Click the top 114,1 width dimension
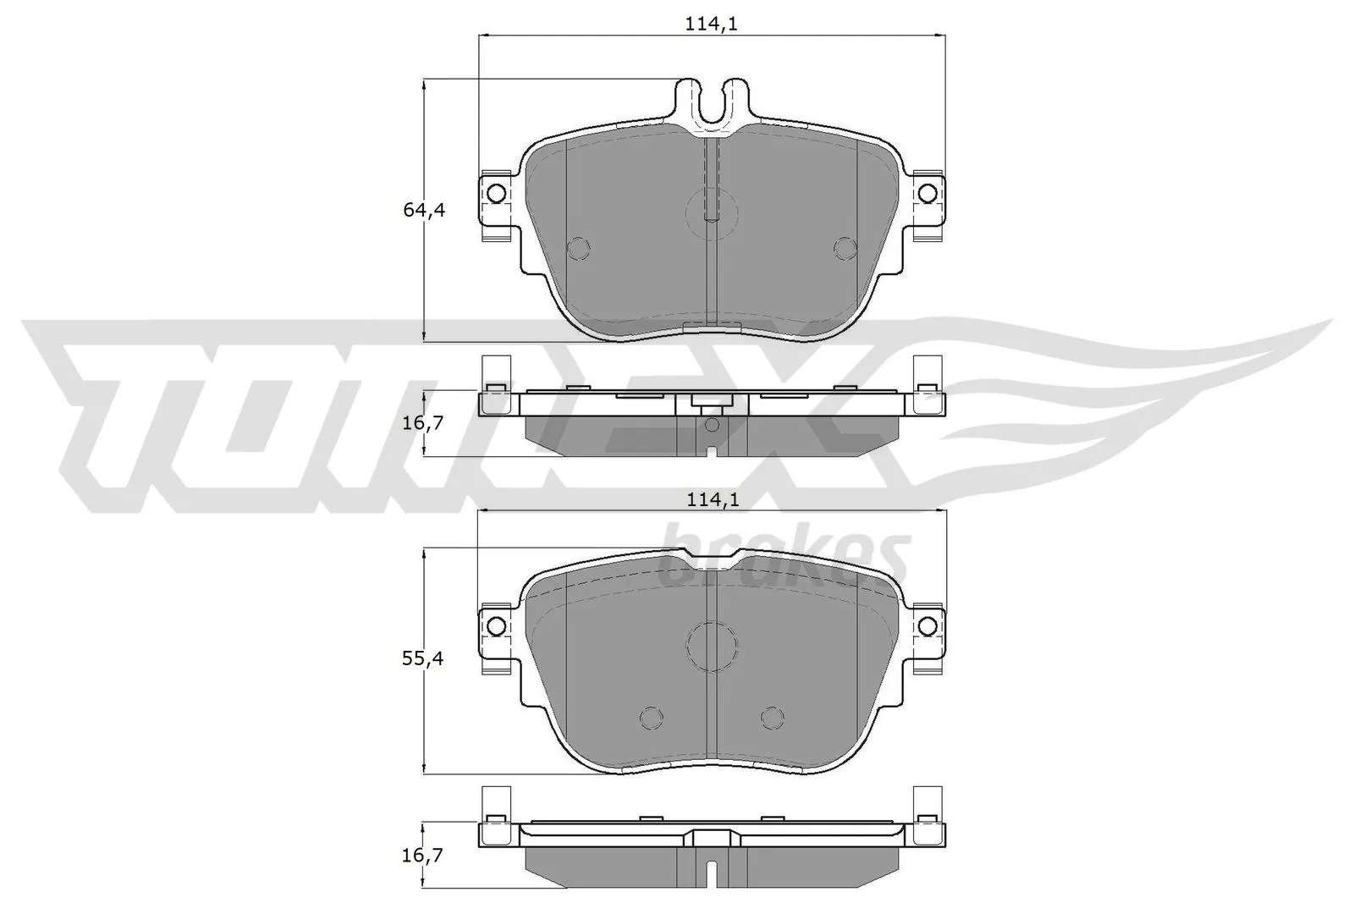click(712, 25)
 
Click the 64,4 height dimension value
click(423, 210)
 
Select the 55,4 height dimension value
click(423, 658)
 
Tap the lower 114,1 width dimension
click(712, 500)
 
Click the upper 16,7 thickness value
click(423, 422)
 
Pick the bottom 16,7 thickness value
click(423, 856)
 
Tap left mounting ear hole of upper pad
click(497, 193)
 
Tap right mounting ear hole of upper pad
click(927, 193)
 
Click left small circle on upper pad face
click(578, 247)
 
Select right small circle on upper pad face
click(845, 247)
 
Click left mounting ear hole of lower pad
click(497, 625)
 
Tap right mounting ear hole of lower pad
click(927, 625)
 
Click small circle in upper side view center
click(712, 424)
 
